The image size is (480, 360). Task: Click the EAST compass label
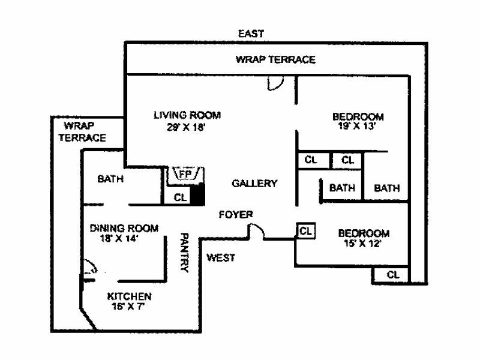pyautogui.click(x=251, y=34)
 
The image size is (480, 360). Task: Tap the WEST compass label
pyautogui.click(x=220, y=258)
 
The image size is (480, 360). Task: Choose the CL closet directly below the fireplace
pyautogui.click(x=179, y=197)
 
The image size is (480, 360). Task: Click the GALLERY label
pyautogui.click(x=254, y=184)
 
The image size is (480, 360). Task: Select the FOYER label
pyautogui.click(x=236, y=214)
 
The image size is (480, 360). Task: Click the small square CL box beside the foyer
pyautogui.click(x=305, y=230)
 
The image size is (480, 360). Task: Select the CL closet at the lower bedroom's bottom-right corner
pyautogui.click(x=392, y=275)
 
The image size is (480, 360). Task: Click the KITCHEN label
pyautogui.click(x=129, y=296)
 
